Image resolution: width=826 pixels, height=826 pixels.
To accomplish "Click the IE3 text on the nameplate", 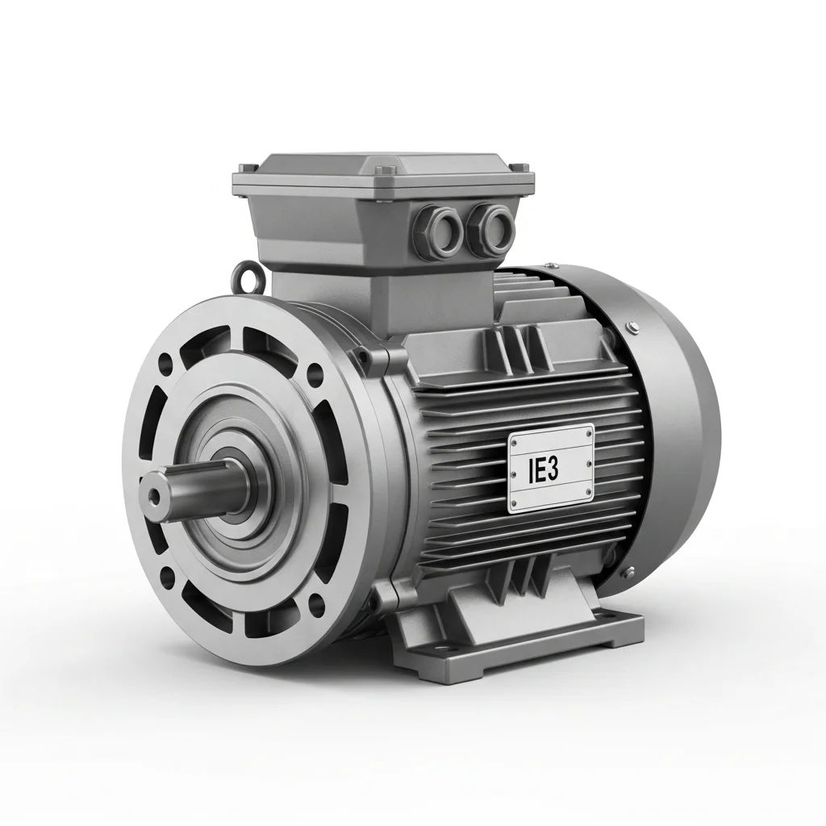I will pyautogui.click(x=542, y=471).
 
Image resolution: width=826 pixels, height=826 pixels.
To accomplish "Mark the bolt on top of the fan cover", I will pyautogui.click(x=632, y=325).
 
